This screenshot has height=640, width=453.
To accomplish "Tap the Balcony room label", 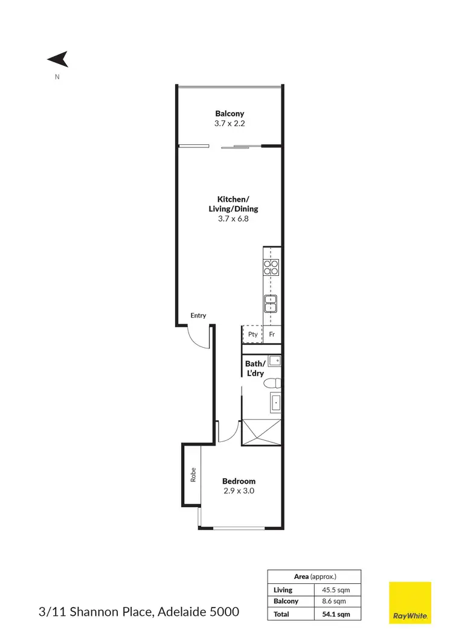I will (230, 113).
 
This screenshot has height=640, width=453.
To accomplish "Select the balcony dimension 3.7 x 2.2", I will (230, 123).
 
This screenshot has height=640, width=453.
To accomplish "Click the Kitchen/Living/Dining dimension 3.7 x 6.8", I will (233, 219).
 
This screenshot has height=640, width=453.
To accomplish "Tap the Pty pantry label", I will (252, 334).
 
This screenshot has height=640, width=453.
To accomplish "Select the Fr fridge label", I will (272, 334).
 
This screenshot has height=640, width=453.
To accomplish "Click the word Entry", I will (198, 315).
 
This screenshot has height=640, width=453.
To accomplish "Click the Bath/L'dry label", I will (255, 368).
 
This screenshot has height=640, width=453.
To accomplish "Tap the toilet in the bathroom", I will (273, 382).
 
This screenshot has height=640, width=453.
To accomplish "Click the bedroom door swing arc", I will (225, 430).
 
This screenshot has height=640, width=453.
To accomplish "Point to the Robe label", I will (193, 475).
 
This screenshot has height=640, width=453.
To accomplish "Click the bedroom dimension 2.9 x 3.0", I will (239, 491).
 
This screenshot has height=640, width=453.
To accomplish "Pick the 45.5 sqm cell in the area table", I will (337, 589).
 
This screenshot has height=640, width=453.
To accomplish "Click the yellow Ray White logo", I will (410, 603).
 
